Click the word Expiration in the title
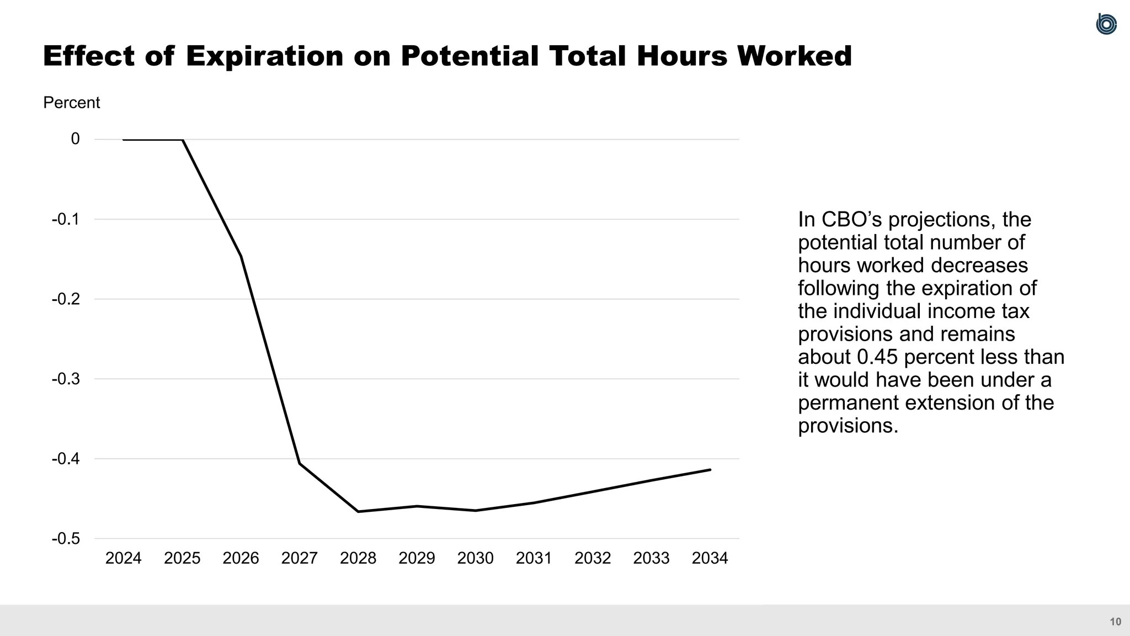click(264, 56)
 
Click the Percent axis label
click(71, 103)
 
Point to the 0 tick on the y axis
click(76, 139)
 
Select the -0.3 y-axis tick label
click(66, 379)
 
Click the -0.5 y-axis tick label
click(66, 538)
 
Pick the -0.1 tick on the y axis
click(66, 219)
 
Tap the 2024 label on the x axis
click(123, 558)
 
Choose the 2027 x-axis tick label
click(299, 558)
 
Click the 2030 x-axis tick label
click(475, 558)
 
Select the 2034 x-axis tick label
click(710, 558)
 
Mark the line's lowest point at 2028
click(358, 512)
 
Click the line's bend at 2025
click(182, 140)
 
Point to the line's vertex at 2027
click(300, 463)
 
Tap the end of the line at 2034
click(710, 470)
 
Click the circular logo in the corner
click(1106, 24)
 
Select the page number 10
click(1115, 622)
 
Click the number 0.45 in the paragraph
click(877, 357)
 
